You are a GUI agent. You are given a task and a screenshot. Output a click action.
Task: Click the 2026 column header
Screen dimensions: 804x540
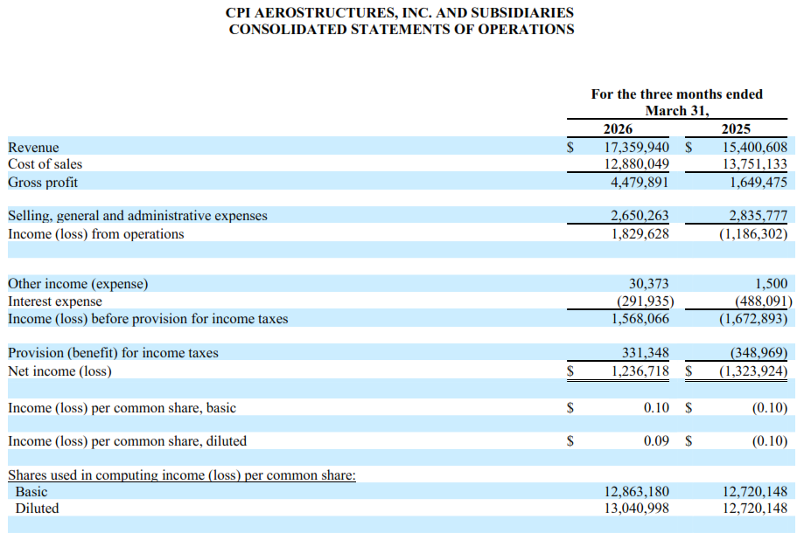(618, 129)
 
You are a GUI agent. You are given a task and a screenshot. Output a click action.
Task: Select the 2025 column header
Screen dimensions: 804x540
(736, 129)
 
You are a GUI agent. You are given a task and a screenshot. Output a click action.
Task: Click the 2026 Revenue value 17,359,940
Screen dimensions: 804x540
(636, 148)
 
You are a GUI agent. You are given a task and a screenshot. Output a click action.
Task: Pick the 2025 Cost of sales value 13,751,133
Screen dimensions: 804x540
(755, 164)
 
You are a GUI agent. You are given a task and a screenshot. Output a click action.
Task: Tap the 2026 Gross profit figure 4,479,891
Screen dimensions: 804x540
(640, 183)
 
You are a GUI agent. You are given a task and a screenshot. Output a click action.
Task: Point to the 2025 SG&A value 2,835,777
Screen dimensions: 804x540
(758, 216)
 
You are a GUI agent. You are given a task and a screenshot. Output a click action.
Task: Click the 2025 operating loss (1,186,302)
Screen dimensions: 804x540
(752, 234)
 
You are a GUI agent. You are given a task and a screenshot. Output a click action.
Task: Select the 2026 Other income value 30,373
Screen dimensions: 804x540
(648, 284)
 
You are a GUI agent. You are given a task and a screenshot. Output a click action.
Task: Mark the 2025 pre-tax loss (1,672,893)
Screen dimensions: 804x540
(752, 319)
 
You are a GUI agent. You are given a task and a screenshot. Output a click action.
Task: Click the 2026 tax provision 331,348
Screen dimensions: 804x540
(646, 353)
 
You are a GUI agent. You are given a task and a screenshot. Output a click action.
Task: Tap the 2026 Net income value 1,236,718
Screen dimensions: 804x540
(640, 371)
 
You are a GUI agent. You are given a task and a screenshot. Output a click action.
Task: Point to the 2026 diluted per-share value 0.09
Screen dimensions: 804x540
(656, 441)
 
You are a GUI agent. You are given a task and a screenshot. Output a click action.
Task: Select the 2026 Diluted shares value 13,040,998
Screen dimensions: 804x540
(636, 509)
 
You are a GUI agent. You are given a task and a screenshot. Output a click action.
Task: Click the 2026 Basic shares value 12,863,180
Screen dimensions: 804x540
(636, 492)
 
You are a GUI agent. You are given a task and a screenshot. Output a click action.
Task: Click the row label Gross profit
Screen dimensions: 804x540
(43, 183)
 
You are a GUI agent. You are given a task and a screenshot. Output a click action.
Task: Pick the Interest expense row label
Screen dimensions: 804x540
(55, 301)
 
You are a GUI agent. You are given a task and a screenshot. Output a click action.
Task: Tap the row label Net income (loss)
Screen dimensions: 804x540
(59, 371)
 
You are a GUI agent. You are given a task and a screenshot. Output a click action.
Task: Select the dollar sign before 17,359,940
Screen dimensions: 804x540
(570, 148)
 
